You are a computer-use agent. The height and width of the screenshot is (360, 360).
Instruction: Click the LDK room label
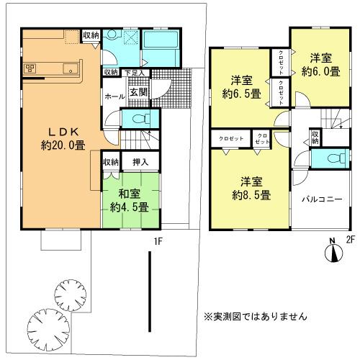coord(61,132)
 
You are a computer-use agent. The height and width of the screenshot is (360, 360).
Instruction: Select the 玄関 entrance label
coord(138,91)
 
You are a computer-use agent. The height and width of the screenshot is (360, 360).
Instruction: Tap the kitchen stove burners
coord(31,69)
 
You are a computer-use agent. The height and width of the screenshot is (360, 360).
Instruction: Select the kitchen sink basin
coord(71,69)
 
